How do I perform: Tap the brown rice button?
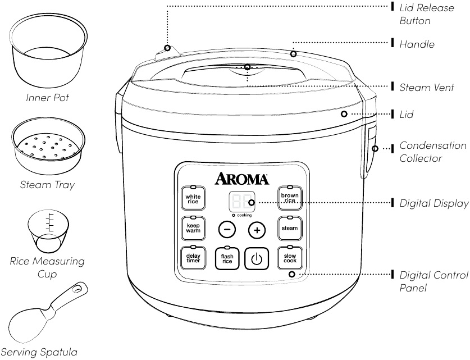[290, 198]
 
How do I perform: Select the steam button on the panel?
[290, 229]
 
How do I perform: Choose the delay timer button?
[193, 258]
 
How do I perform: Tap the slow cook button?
[290, 258]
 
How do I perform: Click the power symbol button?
[257, 259]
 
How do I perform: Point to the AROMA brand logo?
[242, 179]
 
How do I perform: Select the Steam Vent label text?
[426, 87]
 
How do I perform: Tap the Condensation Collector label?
[432, 152]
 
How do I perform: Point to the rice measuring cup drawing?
[48, 231]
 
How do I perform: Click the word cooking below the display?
[244, 215]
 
